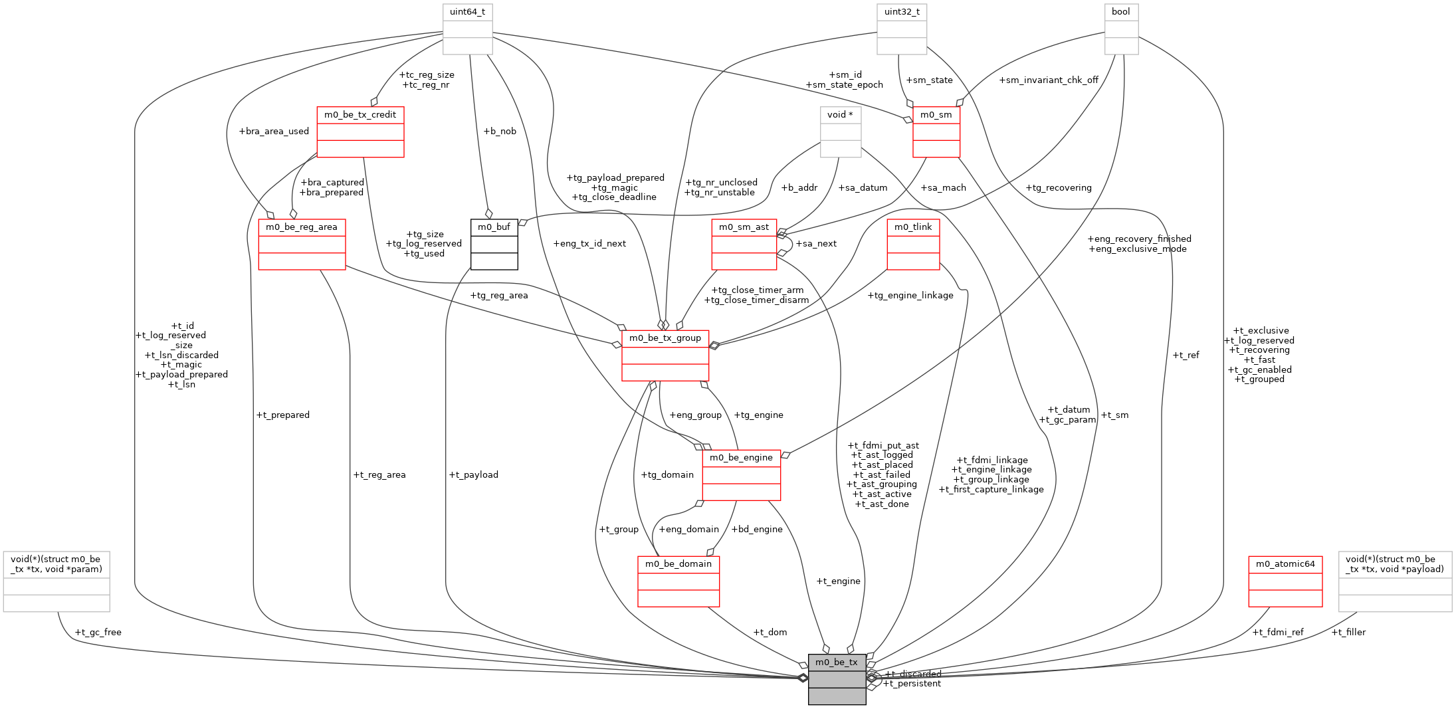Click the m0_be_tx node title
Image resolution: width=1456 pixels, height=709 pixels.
click(837, 662)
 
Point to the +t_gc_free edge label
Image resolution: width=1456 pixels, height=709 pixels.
click(98, 633)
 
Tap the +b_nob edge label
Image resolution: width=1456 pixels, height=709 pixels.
click(500, 132)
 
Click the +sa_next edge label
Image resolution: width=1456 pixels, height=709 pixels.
click(816, 244)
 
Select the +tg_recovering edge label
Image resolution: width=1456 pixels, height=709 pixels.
click(1059, 188)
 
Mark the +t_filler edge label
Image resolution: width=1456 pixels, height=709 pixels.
click(1348, 633)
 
